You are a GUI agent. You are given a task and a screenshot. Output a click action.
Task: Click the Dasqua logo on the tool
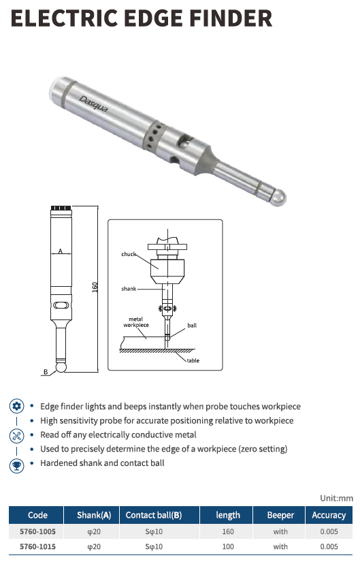tap(93, 104)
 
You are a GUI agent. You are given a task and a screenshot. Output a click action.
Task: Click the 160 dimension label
tap(95, 287)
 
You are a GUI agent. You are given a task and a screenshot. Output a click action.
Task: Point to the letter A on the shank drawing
tap(60, 251)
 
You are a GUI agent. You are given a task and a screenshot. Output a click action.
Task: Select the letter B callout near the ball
tap(46, 372)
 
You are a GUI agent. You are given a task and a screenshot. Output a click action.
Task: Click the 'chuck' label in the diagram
tap(129, 254)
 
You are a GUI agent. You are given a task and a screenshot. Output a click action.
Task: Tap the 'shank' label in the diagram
tap(129, 289)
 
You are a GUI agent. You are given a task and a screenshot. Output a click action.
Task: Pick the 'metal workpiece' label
tap(136, 322)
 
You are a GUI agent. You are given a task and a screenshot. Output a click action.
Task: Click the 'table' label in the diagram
tap(193, 360)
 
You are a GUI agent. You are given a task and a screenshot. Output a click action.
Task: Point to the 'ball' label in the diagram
tap(192, 326)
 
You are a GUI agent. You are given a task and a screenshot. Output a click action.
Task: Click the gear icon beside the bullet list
tap(16, 407)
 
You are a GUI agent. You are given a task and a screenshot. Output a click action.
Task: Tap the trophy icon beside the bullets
tap(16, 465)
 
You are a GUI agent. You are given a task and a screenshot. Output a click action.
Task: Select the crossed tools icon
tap(16, 436)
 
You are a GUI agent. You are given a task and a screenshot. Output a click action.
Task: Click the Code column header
tap(37, 515)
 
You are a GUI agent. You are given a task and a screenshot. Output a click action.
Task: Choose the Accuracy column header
tap(329, 515)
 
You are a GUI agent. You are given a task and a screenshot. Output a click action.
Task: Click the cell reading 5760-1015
tap(37, 546)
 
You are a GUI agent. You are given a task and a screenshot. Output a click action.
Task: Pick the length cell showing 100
tap(228, 546)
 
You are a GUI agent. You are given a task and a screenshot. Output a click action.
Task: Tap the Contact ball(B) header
tap(154, 515)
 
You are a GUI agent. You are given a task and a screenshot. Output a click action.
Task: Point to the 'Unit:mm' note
tap(336, 498)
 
